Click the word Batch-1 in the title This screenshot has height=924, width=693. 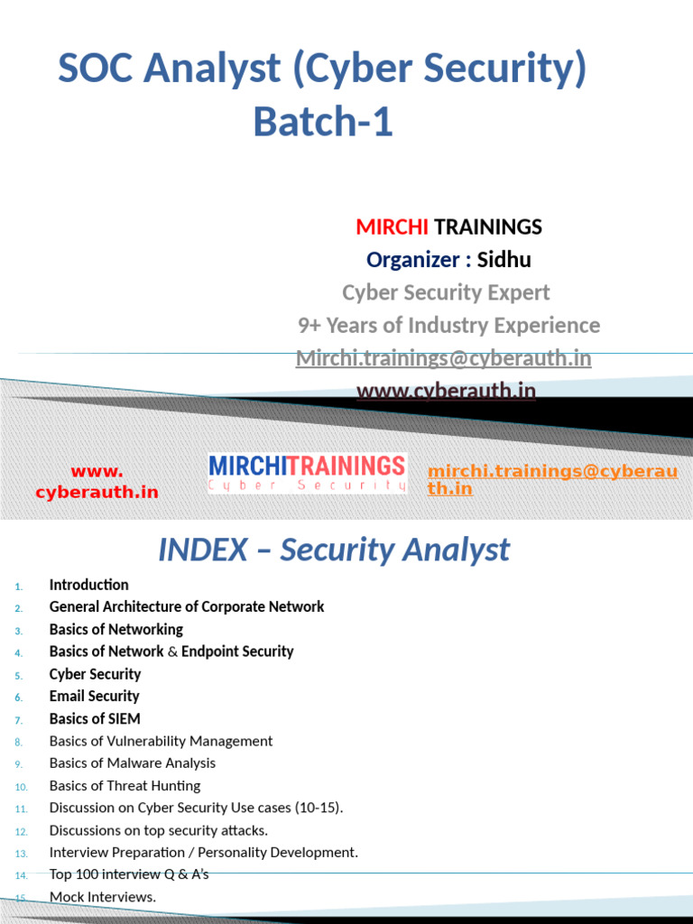[x=323, y=121]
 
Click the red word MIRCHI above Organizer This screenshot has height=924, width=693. [x=393, y=226]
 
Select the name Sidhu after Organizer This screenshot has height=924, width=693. [x=504, y=260]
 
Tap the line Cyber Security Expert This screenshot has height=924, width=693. [x=446, y=292]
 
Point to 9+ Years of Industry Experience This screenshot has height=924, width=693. [x=448, y=325]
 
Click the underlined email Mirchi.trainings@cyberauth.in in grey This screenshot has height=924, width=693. [x=444, y=358]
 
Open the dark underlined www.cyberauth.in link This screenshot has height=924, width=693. [x=446, y=391]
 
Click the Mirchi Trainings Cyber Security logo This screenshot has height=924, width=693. [x=308, y=473]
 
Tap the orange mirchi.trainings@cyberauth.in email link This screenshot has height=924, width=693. [x=552, y=479]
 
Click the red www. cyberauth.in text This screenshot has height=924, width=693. [x=97, y=482]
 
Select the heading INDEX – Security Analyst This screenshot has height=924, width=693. [x=334, y=550]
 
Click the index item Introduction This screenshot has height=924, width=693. [x=88, y=585]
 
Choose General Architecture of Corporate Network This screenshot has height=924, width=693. [x=187, y=607]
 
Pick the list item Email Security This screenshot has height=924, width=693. [x=94, y=696]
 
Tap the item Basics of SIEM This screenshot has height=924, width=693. [x=95, y=718]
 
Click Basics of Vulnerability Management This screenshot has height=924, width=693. [x=161, y=741]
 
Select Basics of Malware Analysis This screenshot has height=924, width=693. [x=133, y=763]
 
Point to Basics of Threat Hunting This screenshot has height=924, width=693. [x=125, y=785]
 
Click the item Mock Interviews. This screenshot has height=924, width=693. [x=102, y=896]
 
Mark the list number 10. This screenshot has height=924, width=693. [x=22, y=786]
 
